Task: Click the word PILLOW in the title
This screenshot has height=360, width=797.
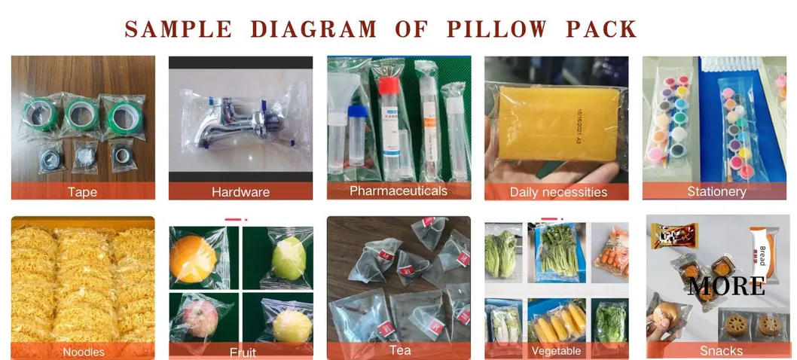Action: pos(496,29)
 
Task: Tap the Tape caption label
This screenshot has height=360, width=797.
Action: pos(82,192)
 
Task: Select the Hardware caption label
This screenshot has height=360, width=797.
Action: pos(240,192)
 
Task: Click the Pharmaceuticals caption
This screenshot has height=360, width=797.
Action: pos(398,191)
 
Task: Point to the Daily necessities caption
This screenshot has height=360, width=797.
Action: pos(558,192)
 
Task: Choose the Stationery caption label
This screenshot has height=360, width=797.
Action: pos(716,191)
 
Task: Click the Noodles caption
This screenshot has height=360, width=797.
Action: pos(83,352)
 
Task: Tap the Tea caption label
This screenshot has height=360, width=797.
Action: pos(399,350)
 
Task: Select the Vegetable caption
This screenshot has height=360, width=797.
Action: pos(556,351)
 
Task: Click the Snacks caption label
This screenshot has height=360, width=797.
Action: pos(721,351)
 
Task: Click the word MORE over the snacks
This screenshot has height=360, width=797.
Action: pos(726,286)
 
